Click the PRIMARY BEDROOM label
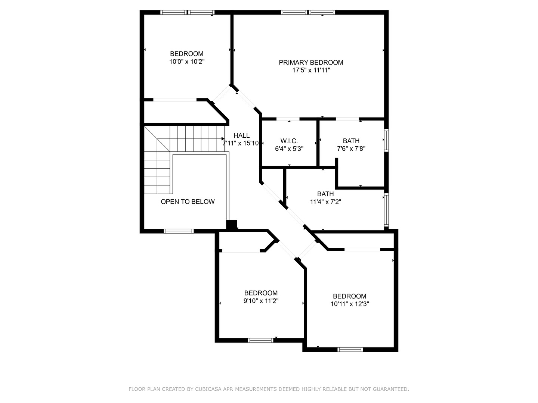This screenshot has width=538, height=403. (311, 63)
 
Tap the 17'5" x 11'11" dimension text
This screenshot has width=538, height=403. (311, 71)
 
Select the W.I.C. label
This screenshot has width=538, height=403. (289, 141)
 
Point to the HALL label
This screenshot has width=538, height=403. (241, 135)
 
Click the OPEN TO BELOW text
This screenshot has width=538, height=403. (188, 201)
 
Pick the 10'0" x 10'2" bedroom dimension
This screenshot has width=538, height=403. (187, 62)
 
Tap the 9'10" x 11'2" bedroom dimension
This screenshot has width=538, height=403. (261, 301)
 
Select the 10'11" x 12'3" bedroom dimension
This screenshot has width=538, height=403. (350, 304)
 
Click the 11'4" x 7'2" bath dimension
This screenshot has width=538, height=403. (325, 202)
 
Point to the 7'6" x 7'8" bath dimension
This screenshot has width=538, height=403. (351, 149)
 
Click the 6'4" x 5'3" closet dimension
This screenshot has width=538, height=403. (289, 149)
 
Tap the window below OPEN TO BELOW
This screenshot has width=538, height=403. (179, 231)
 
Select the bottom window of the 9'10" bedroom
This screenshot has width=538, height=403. (260, 340)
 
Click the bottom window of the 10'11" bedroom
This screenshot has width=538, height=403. (350, 349)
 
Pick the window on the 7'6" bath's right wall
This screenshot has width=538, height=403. (386, 140)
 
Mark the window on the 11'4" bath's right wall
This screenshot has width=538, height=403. (386, 210)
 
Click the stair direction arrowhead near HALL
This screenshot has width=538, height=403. (223, 139)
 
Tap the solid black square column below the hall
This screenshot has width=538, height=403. (232, 224)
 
